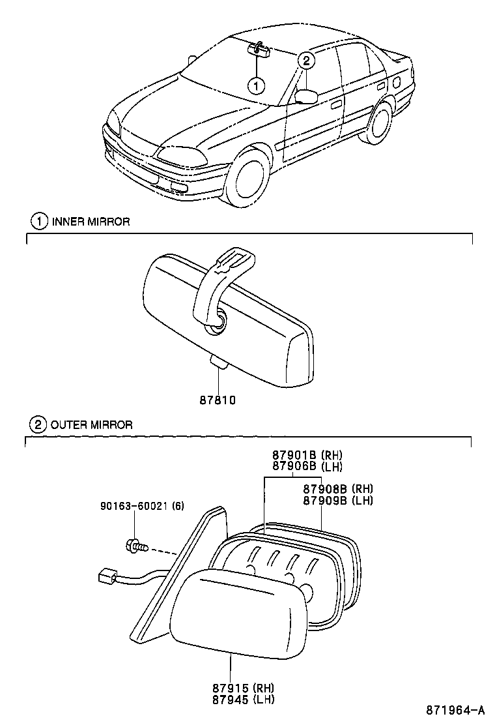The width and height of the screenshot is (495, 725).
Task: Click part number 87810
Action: click(218, 400)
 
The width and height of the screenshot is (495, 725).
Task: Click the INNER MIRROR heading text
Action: click(91, 222)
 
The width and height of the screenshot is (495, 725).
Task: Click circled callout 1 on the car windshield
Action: click(257, 84)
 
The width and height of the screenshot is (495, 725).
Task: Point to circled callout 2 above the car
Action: click(307, 61)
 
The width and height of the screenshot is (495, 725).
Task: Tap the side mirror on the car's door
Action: click(305, 96)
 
